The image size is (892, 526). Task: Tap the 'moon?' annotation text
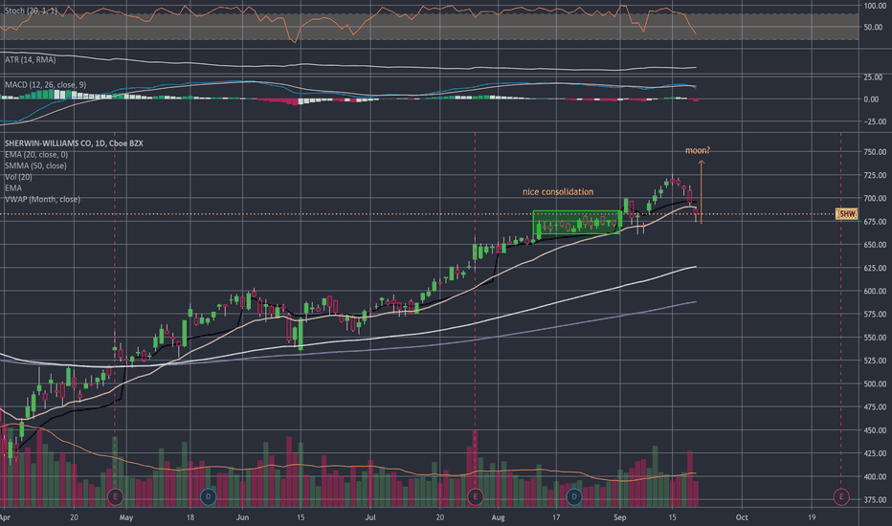click(697, 150)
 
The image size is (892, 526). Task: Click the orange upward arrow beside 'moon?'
click(702, 186)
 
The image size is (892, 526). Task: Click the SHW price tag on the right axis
click(845, 214)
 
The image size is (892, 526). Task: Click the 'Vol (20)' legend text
click(18, 177)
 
